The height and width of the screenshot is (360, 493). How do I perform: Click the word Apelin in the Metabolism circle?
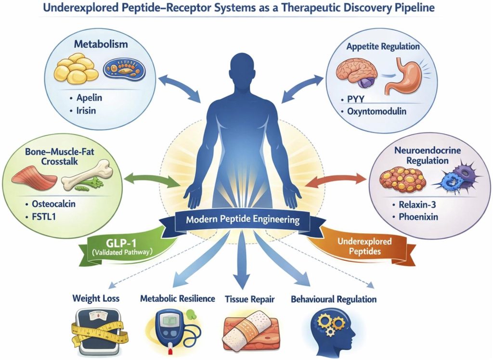tap(89, 98)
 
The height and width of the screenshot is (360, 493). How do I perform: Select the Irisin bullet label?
tap(86, 111)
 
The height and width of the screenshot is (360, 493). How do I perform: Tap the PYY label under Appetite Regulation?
tap(356, 99)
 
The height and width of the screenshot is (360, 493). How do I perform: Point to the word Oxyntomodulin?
tap(376, 111)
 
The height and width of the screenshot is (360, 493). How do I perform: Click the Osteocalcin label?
tap(54, 204)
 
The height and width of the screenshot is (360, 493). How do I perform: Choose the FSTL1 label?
tap(44, 217)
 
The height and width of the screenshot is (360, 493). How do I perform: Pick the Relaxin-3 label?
tap(417, 205)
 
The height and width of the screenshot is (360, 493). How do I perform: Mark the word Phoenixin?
tap(418, 217)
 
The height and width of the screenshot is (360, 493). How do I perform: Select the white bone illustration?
tap(87, 175)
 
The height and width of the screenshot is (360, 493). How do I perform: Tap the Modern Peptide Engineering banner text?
tap(243, 219)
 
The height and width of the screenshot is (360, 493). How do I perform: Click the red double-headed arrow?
tap(336, 180)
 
